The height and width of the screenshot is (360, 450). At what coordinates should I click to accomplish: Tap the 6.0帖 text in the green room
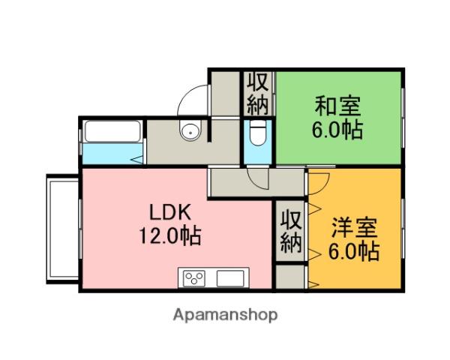pyautogui.click(x=337, y=130)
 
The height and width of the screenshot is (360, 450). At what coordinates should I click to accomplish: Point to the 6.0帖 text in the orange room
pyautogui.click(x=352, y=251)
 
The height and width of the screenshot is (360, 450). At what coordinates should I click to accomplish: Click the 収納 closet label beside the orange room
pyautogui.click(x=290, y=232)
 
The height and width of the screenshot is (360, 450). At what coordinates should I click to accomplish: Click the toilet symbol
pyautogui.click(x=257, y=133)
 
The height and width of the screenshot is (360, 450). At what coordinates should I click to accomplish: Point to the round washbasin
pyautogui.click(x=190, y=133)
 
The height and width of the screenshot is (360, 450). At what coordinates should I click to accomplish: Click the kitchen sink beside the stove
pyautogui.click(x=229, y=278)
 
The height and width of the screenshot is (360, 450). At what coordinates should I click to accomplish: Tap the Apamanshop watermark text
pyautogui.click(x=226, y=315)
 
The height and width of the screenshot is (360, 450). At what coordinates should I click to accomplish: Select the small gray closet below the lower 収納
pyautogui.click(x=289, y=277)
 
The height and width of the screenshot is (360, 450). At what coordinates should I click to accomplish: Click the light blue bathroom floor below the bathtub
pyautogui.click(x=109, y=155)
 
